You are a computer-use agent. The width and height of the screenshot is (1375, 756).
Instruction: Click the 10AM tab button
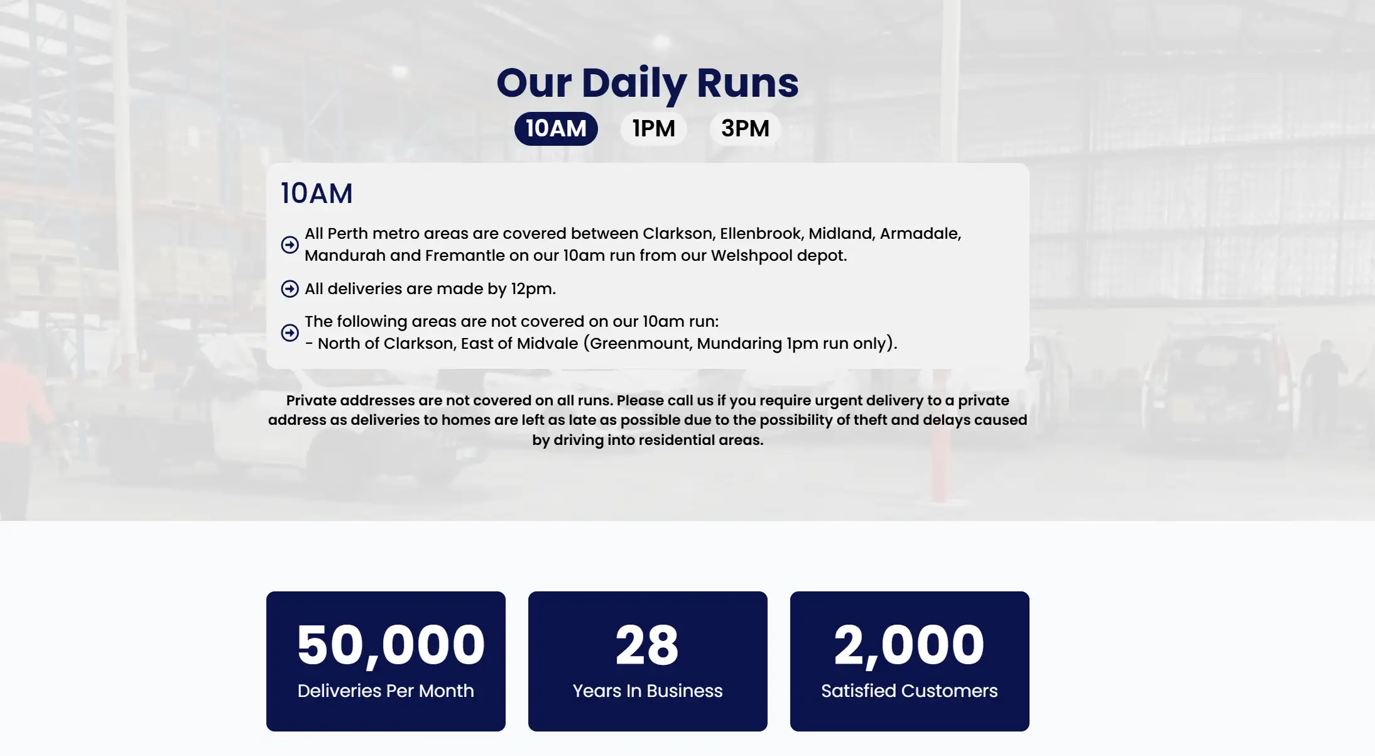pyautogui.click(x=556, y=128)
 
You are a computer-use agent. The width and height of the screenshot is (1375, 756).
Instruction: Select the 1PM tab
pyautogui.click(x=653, y=128)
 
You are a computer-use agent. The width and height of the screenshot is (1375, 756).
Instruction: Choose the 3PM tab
pyautogui.click(x=745, y=128)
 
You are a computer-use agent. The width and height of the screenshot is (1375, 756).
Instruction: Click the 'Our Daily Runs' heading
pyautogui.click(x=648, y=83)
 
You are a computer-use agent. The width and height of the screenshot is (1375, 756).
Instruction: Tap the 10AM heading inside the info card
pyautogui.click(x=317, y=194)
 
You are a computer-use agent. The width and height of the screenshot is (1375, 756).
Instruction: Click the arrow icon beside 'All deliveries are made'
pyautogui.click(x=290, y=289)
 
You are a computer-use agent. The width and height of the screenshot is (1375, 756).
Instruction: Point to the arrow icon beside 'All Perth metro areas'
pyautogui.click(x=290, y=244)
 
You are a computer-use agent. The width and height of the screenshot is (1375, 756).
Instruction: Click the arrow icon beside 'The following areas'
pyautogui.click(x=290, y=332)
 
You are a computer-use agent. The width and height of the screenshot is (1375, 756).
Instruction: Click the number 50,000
pyautogui.click(x=391, y=645)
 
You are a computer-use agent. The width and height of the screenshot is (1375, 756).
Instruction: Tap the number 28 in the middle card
pyautogui.click(x=647, y=645)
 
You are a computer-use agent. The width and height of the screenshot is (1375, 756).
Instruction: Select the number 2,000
pyautogui.click(x=909, y=645)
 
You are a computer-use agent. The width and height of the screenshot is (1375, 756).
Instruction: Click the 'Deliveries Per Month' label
pyautogui.click(x=386, y=691)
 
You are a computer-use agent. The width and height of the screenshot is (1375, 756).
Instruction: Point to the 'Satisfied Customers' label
pyautogui.click(x=909, y=691)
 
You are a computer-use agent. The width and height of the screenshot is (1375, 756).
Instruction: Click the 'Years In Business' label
pyautogui.click(x=648, y=691)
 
